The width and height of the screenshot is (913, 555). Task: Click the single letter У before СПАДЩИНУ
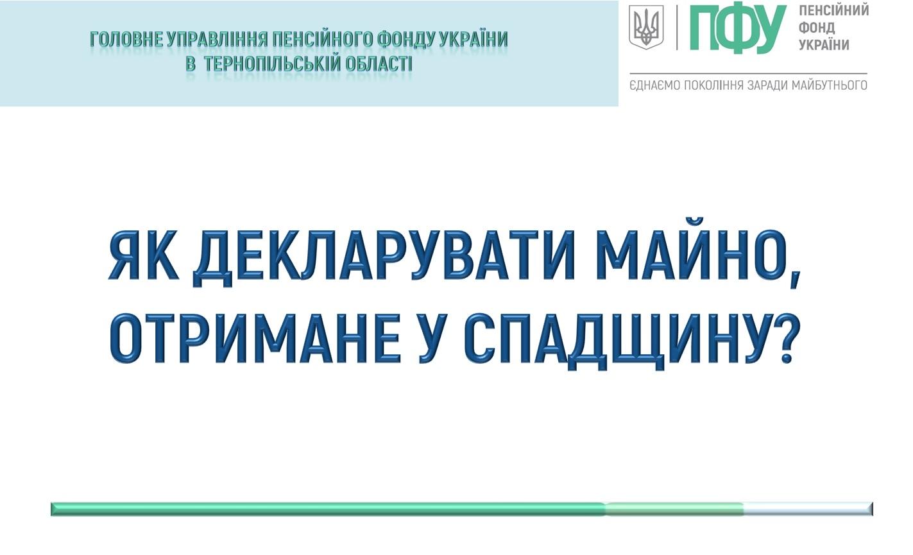[x=430, y=339]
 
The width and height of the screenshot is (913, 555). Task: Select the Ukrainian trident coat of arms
[x=646, y=27]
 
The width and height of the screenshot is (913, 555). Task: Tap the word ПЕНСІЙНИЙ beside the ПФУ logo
[x=834, y=11]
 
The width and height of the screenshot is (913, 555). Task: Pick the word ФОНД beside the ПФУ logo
[x=817, y=28]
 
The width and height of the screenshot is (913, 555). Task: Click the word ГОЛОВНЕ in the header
[x=126, y=40]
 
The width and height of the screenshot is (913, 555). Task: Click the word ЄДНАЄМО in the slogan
[x=655, y=85]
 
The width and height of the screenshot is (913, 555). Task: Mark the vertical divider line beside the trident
[x=677, y=28]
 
